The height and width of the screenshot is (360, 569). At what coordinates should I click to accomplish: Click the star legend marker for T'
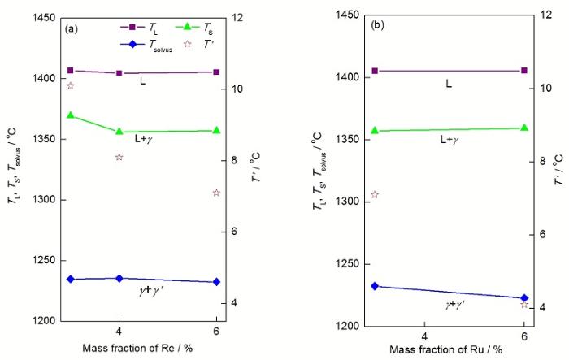[188, 44]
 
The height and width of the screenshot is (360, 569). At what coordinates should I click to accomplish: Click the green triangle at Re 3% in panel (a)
[71, 115]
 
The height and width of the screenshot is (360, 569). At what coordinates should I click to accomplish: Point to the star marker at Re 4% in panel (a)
[119, 157]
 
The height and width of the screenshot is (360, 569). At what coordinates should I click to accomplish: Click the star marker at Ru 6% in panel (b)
[524, 304]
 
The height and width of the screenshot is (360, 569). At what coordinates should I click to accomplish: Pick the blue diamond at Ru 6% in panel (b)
[524, 298]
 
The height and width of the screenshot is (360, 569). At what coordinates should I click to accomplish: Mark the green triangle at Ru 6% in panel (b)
[524, 128]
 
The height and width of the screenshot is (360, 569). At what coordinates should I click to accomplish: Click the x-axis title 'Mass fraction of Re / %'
[143, 349]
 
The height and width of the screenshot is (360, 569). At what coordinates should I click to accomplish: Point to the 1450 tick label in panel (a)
[42, 17]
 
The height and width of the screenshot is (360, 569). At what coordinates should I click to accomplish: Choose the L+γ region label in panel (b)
[449, 140]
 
